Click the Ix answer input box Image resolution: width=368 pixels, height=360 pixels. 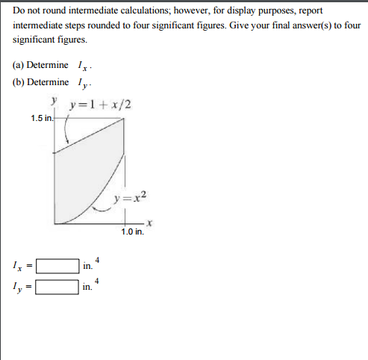(58, 265)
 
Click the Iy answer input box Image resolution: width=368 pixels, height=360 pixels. (58, 286)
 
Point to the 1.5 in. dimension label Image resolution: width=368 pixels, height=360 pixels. (42, 118)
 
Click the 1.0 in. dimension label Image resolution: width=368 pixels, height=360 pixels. (132, 232)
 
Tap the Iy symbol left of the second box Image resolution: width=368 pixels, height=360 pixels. (16, 287)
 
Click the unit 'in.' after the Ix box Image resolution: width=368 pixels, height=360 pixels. (88, 266)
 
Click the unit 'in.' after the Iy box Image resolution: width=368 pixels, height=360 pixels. (88, 287)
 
